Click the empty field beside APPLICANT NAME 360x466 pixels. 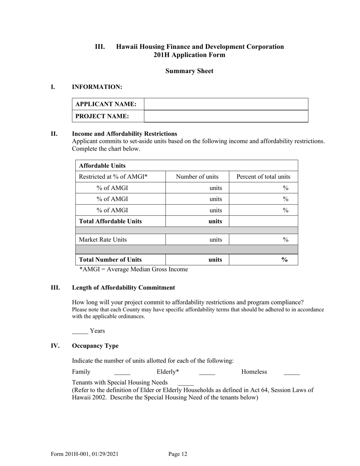pos(226,104)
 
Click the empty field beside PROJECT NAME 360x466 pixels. pos(226,116)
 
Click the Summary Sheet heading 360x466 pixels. pos(189,71)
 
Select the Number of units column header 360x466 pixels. pos(197,177)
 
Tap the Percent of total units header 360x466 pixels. pos(263,177)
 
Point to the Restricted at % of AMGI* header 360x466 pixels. pos(113,177)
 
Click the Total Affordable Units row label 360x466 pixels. pos(110,221)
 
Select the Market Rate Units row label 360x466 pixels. pos(103,239)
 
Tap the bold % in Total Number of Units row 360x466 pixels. pos(284,260)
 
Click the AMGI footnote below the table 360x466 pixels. pos(133,269)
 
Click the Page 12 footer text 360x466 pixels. pos(178,454)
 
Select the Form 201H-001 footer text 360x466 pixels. pos(87,454)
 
